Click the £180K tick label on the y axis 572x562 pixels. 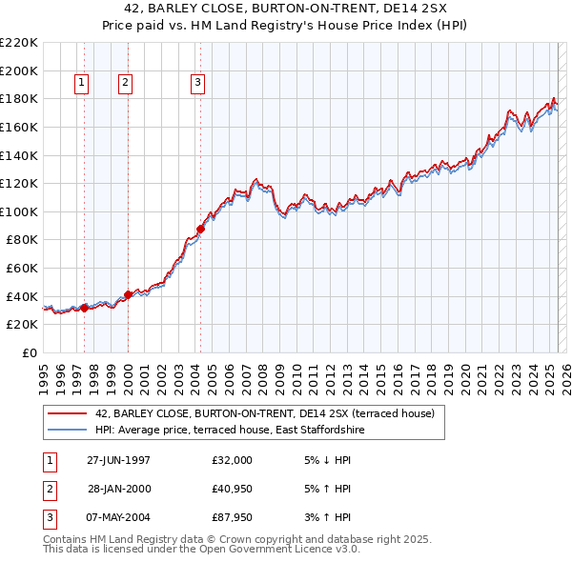[x=19, y=98]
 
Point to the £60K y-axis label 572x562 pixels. [x=22, y=268]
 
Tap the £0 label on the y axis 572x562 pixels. [x=31, y=352]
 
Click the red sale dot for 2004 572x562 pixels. [x=201, y=229]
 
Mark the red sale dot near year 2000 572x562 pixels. [x=129, y=294]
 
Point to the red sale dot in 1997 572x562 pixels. [x=85, y=307]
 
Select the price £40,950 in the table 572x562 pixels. [x=233, y=489]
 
